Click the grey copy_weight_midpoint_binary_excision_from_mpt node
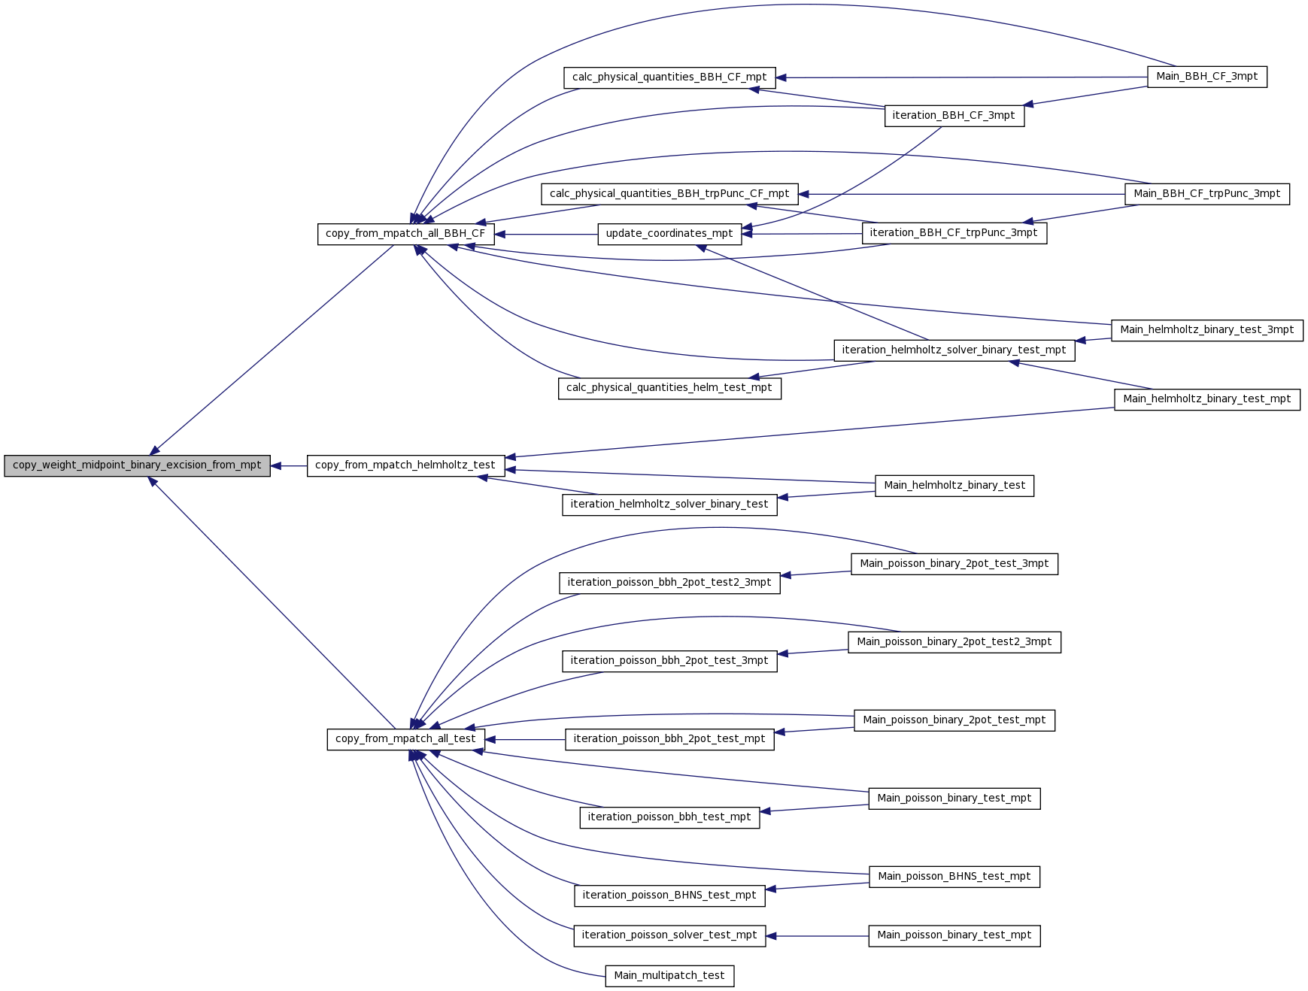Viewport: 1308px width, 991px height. (x=137, y=465)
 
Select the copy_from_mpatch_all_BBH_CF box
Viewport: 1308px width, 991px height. (x=405, y=234)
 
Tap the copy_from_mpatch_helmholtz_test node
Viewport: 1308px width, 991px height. (x=405, y=465)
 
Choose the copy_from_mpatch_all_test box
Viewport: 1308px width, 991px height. (x=405, y=739)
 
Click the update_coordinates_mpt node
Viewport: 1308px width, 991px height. (x=669, y=234)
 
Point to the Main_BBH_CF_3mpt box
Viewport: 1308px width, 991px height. (x=1207, y=77)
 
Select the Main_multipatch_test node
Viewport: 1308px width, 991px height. (x=669, y=976)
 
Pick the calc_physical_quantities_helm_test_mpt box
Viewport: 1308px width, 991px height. (x=669, y=388)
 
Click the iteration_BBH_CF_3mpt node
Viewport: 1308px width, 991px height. (x=954, y=116)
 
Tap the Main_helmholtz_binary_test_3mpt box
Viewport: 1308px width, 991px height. (x=1207, y=330)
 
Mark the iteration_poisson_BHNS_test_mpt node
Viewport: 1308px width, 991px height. (x=669, y=896)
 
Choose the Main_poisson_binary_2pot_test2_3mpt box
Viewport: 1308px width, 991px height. (x=954, y=642)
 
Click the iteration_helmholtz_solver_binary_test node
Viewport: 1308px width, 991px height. (x=669, y=505)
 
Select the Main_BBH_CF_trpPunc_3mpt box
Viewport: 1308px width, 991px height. (x=1207, y=194)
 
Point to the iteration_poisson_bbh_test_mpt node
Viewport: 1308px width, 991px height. (x=669, y=817)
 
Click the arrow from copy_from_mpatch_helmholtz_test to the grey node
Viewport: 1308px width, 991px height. (x=289, y=466)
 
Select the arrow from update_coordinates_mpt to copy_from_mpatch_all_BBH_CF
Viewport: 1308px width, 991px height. (x=546, y=235)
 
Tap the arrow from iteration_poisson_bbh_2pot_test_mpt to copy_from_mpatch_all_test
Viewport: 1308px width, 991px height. (x=525, y=740)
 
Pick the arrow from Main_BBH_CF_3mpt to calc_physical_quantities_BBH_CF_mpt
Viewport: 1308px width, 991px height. (x=962, y=77)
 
